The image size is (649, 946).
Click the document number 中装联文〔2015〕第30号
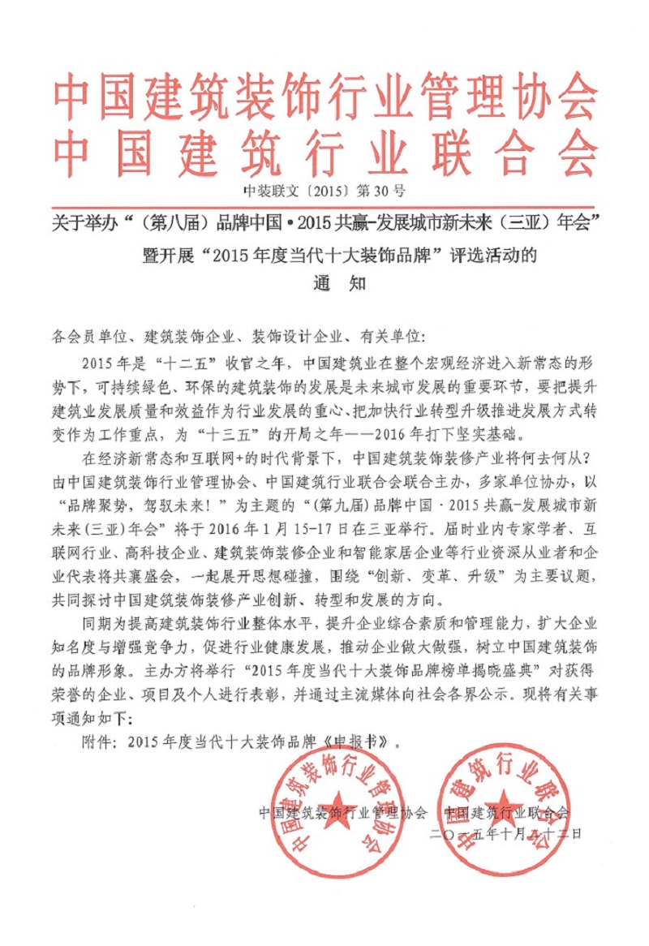tap(324, 192)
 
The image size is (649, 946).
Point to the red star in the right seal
tap(504, 806)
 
